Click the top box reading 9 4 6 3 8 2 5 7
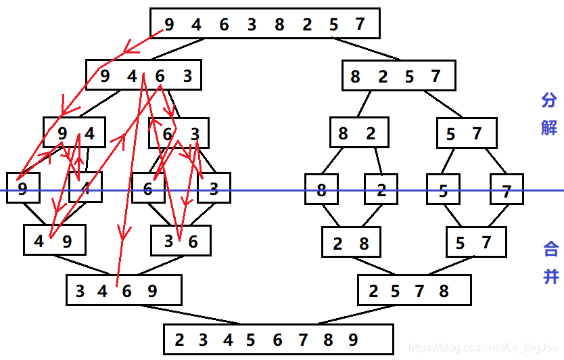tap(264, 24)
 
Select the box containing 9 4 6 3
tap(143, 75)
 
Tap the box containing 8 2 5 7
tap(398, 76)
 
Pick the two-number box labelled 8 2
tap(359, 133)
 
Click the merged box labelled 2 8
tap(351, 242)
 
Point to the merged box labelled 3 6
tap(181, 240)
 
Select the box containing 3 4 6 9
tap(124, 290)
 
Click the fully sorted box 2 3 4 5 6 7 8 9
tap(278, 339)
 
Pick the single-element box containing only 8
tap(321, 189)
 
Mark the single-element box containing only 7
tap(507, 189)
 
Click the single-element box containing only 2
tap(381, 189)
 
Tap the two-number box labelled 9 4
tap(74, 133)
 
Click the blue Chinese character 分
tap(548, 101)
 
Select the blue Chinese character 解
tap(548, 127)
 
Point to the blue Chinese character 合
tap(550, 249)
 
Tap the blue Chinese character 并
tap(550, 275)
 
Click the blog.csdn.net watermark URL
tap(484, 347)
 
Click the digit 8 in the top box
tap(279, 25)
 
